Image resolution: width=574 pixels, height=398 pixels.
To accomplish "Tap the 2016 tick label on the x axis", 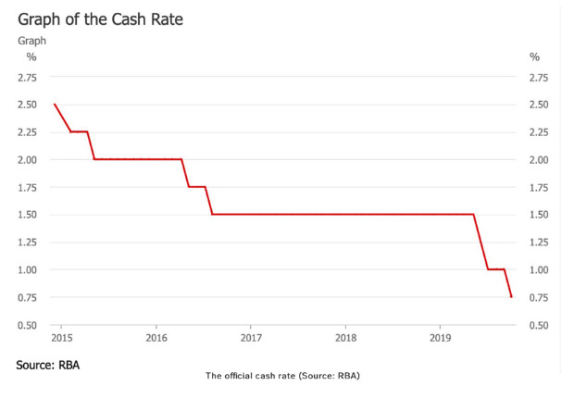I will (x=156, y=338).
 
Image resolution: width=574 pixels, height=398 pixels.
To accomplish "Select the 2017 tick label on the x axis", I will (x=250, y=338).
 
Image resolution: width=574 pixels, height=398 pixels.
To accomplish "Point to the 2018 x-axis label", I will (x=345, y=338).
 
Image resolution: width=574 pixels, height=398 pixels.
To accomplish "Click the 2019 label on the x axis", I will (x=440, y=338).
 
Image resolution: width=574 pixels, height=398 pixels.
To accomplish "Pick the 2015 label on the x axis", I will (x=62, y=338).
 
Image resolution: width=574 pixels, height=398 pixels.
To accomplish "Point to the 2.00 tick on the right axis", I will (x=540, y=160).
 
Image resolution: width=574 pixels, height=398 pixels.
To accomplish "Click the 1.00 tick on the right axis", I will (x=540, y=270).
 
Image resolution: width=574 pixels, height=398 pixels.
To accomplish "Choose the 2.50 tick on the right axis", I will (x=540, y=105).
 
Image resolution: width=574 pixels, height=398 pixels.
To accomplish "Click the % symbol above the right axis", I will (x=534, y=57).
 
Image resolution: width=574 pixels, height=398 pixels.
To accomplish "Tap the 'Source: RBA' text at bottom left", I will (x=48, y=366).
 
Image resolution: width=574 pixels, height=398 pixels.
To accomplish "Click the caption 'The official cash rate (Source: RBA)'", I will (x=281, y=376).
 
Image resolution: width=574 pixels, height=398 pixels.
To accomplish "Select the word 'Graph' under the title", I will (x=31, y=41).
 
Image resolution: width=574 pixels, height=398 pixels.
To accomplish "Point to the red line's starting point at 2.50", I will (x=55, y=105).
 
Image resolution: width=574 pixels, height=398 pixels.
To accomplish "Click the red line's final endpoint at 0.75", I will (x=511, y=297).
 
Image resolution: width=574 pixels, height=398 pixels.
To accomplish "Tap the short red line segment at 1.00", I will (x=496, y=269).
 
